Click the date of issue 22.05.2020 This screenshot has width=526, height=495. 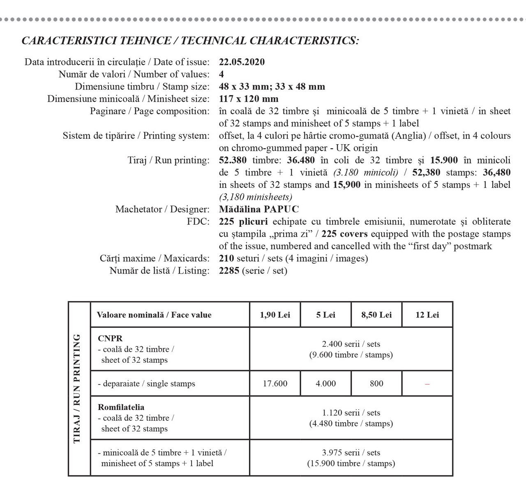(x=242, y=62)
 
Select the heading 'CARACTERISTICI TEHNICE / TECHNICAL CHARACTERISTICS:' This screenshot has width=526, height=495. (x=190, y=41)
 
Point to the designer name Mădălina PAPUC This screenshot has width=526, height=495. (x=259, y=210)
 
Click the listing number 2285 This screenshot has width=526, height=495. (x=229, y=271)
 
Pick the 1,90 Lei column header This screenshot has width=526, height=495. (x=275, y=315)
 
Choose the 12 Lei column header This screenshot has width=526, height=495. (x=427, y=315)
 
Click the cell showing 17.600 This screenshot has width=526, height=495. (x=275, y=384)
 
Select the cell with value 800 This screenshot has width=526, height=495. (x=376, y=384)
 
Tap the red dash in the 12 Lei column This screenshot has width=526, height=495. (x=427, y=384)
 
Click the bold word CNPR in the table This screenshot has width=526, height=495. (x=110, y=338)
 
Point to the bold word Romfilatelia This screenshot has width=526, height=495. (x=121, y=408)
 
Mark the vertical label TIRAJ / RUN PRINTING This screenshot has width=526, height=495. (x=77, y=389)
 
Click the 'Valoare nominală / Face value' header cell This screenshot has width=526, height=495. (x=154, y=315)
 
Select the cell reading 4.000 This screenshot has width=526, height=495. (x=325, y=384)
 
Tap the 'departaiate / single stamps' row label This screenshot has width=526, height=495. (x=146, y=384)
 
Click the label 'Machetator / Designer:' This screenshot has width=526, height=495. (x=162, y=210)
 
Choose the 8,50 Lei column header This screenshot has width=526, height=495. (x=376, y=315)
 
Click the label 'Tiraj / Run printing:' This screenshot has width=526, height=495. (x=168, y=160)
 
